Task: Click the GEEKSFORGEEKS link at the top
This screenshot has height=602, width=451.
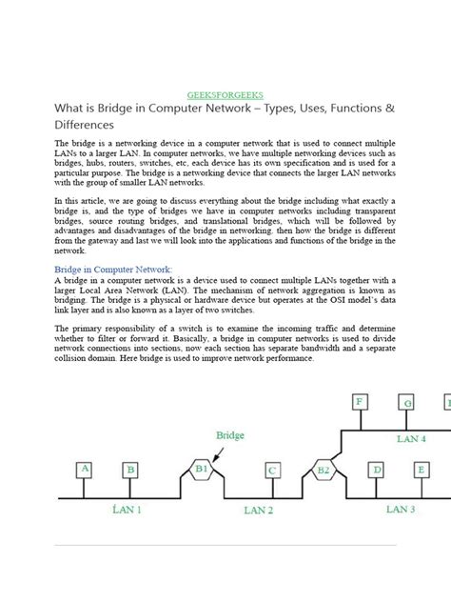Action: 225,96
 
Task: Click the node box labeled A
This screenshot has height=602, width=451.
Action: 85,469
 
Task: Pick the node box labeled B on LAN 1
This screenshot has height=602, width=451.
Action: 130,470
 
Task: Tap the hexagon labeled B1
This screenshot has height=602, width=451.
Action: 202,469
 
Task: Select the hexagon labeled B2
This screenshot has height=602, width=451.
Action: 323,470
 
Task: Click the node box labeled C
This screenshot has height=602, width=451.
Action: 273,470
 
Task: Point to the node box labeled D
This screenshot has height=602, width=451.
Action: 377,470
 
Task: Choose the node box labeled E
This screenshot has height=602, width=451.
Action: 421,470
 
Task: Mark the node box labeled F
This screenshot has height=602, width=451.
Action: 360,402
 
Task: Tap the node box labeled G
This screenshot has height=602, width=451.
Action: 407,403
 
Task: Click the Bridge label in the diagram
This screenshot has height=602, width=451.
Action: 229,435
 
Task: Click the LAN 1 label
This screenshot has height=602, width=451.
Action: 127,511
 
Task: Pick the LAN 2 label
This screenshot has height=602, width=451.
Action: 258,511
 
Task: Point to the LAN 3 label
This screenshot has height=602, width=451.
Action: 400,510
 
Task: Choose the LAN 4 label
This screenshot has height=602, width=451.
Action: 411,439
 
